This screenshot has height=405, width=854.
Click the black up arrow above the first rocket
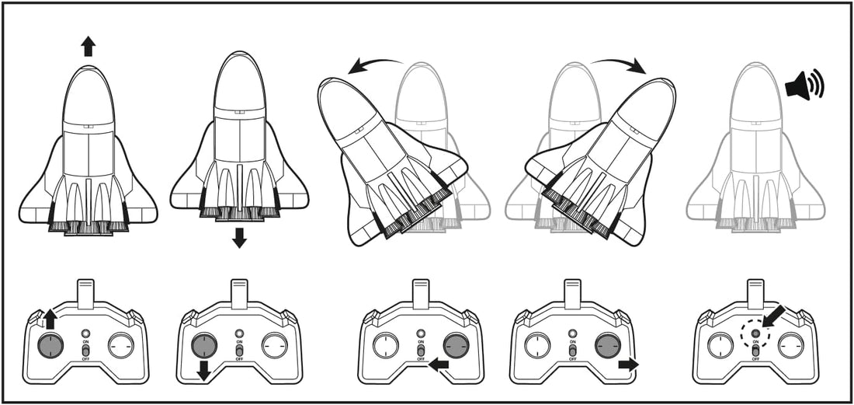[x=88, y=47]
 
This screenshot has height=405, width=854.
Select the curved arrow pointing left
[x=375, y=65]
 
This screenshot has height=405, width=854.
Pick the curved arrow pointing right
[x=619, y=65]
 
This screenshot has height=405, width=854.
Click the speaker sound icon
[x=804, y=85]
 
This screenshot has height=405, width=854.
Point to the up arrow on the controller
[x=50, y=317]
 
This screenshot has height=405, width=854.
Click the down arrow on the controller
[x=204, y=369]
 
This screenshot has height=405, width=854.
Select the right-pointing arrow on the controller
[x=628, y=363]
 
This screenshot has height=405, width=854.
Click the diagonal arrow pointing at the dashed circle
[x=773, y=316]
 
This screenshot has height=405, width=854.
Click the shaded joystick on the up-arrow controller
[x=50, y=345]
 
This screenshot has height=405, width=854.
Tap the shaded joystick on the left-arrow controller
[x=457, y=345]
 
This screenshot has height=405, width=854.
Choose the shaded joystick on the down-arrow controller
[x=204, y=345]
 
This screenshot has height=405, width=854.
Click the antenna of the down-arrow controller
[x=239, y=294]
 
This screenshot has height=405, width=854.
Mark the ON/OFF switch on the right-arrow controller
[x=573, y=351]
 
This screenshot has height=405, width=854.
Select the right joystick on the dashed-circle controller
[x=791, y=345]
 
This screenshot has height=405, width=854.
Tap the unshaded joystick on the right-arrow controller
[x=537, y=345]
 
